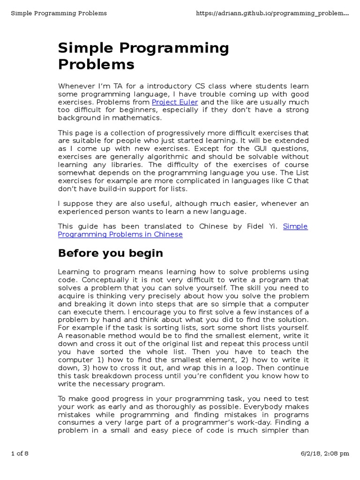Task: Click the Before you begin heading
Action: click(110, 254)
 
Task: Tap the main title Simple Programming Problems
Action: click(143, 56)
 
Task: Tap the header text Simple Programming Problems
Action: click(59, 13)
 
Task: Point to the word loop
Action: click(209, 368)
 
